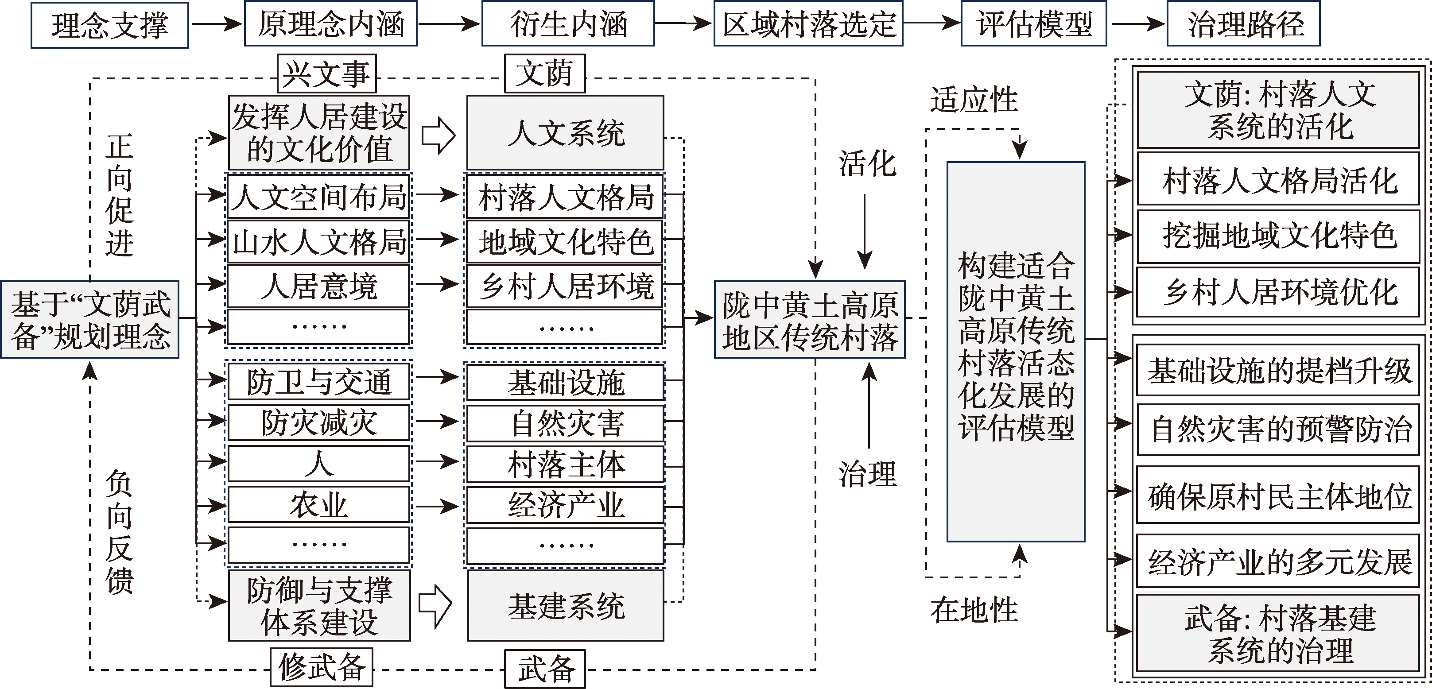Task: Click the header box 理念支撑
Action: [x=109, y=25]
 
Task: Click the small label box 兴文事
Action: [x=327, y=74]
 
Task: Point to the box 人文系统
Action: [x=565, y=133]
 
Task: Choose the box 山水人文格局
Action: [x=318, y=242]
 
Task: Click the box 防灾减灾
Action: [x=318, y=423]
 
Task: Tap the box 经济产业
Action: [x=565, y=505]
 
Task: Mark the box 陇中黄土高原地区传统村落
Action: [x=809, y=320]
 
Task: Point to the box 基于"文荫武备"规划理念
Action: [x=89, y=320]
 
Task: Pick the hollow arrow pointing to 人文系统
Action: [x=438, y=135]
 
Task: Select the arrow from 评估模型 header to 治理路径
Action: [x=1136, y=24]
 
